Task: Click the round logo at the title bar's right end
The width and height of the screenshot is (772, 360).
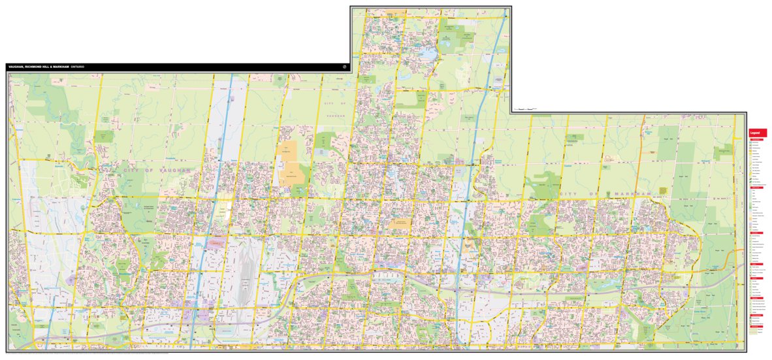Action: point(344,67)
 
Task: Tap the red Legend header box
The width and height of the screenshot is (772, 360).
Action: point(757,133)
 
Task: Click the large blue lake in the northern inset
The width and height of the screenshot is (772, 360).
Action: point(428,53)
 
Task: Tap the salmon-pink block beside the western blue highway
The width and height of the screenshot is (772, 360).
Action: point(216,243)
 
